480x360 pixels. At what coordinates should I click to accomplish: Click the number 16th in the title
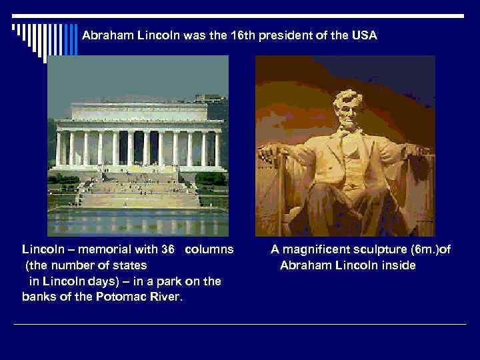coord(238,35)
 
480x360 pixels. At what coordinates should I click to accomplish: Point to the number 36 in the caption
coord(167,250)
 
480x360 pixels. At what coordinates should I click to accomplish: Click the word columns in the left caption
coord(209,250)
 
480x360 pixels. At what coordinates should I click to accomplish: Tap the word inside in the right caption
coord(399,266)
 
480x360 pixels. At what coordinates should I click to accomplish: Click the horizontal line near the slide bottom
coord(240,325)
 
